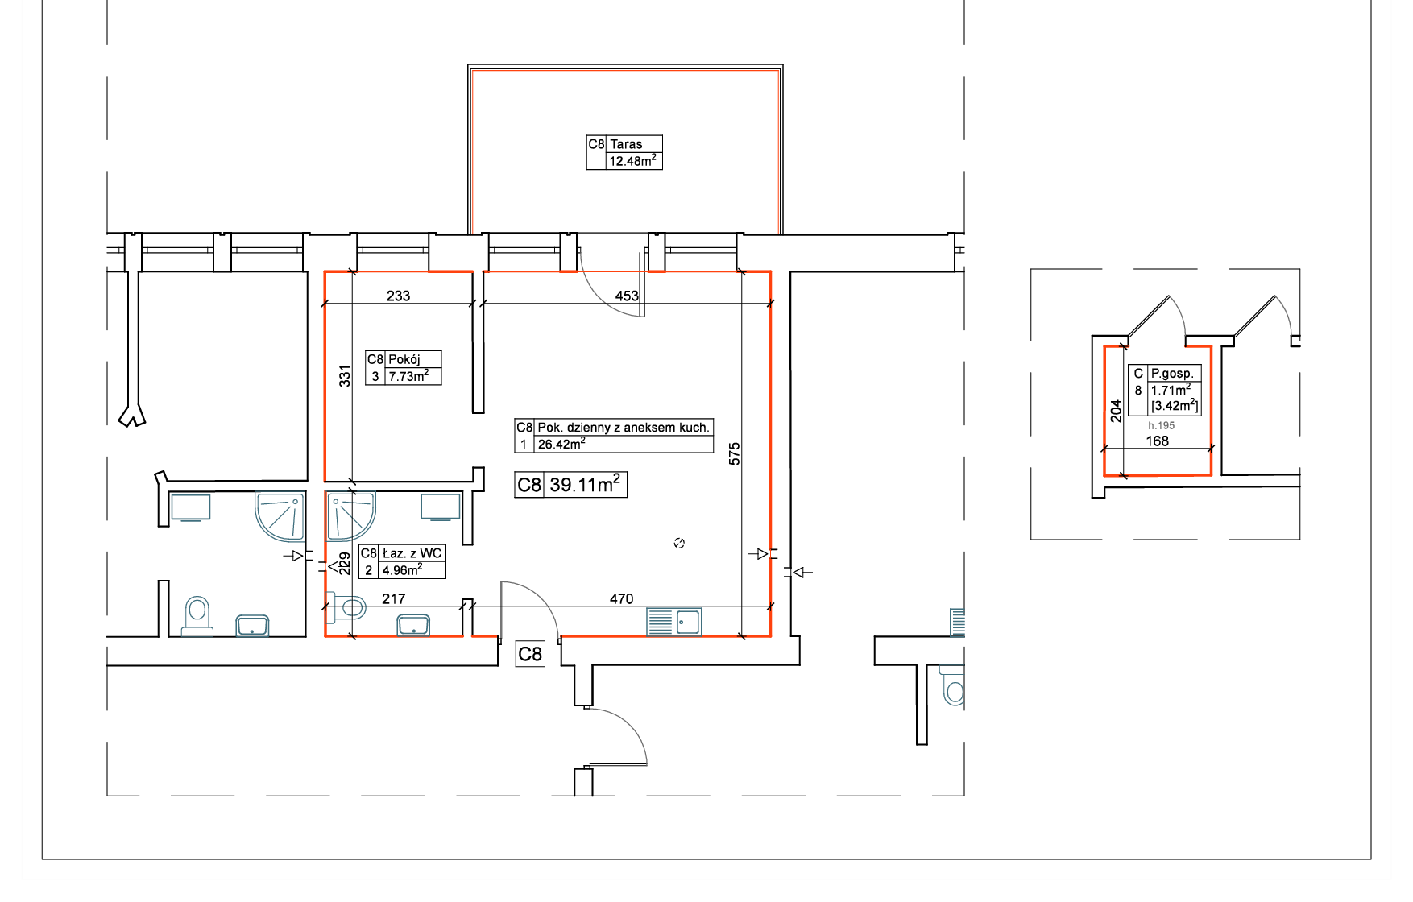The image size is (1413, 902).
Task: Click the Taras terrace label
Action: point(626,144)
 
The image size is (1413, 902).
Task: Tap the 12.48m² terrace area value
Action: point(632,160)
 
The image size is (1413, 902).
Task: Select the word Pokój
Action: point(404,359)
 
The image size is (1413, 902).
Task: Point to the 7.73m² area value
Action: point(408,376)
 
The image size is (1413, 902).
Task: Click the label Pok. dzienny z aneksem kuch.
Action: point(624,427)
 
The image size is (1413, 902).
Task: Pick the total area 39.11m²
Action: point(585,484)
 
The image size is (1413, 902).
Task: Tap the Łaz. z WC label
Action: point(412,553)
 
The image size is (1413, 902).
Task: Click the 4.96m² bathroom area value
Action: point(402,570)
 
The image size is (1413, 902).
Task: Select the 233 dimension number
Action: point(398,296)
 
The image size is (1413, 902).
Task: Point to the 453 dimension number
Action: point(627,296)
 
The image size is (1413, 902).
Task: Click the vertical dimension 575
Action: point(734,453)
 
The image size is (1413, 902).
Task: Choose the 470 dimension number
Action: point(621,598)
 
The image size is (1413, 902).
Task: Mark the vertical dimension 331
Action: point(345,376)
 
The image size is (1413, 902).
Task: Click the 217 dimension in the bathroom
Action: point(393,598)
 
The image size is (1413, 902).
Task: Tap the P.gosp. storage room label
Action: point(1172,373)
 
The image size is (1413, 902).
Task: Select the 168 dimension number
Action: point(1158,441)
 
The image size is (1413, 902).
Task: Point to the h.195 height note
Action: point(1162,425)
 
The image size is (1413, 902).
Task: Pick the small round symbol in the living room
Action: point(679,543)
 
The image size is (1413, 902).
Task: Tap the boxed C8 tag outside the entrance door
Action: point(530,654)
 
